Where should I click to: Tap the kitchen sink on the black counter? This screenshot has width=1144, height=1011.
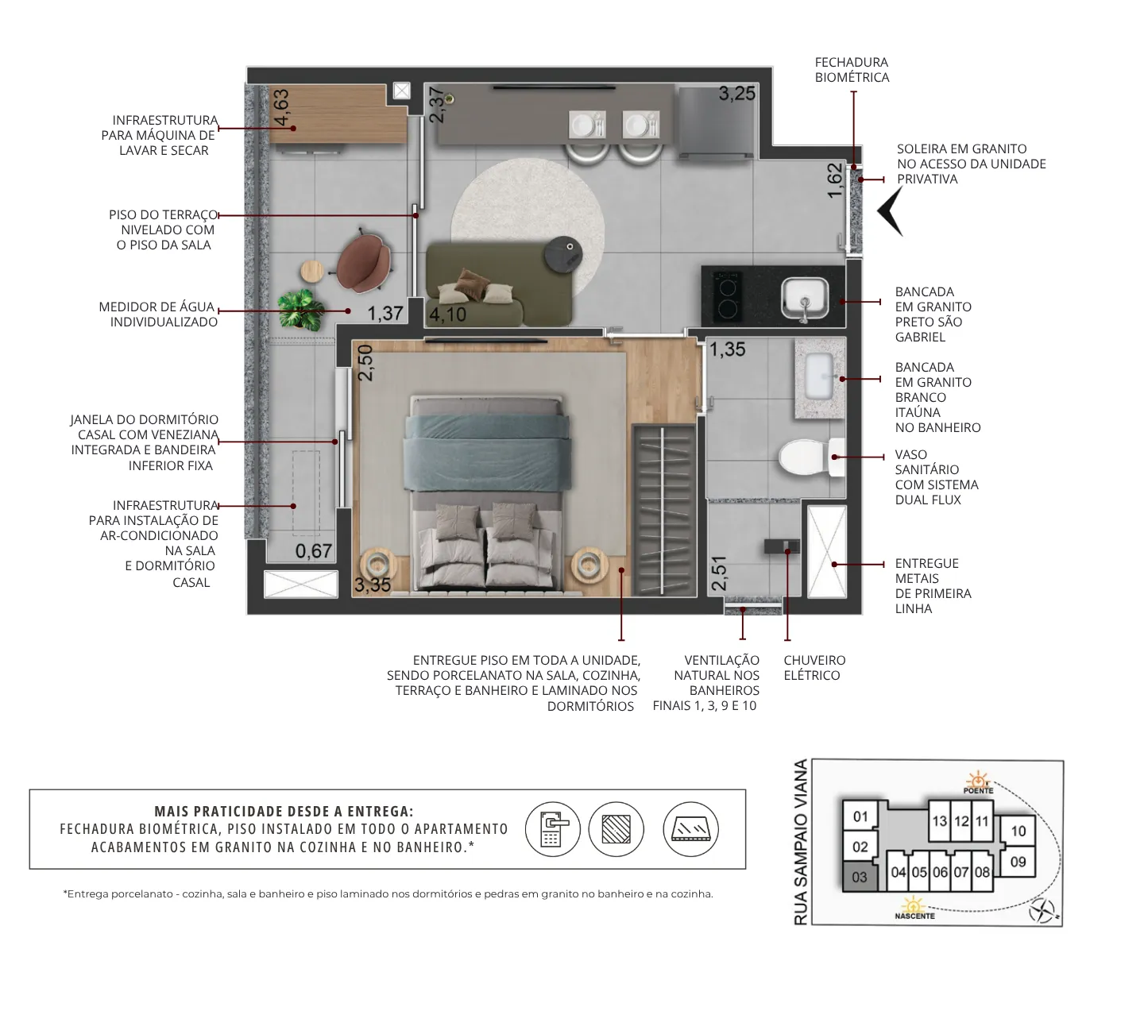click(x=805, y=299)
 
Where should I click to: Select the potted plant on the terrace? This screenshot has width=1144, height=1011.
click(x=301, y=310)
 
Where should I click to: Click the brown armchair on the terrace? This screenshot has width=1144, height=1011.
click(x=363, y=263)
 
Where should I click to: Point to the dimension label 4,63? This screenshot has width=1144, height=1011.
click(x=280, y=107)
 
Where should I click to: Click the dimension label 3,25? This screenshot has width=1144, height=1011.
click(x=736, y=94)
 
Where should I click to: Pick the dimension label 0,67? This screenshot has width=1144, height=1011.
click(x=313, y=551)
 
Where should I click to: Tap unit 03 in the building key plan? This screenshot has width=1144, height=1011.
click(x=859, y=877)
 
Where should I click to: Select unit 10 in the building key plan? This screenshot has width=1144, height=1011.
click(x=1018, y=831)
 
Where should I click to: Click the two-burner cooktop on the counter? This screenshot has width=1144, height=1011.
click(x=727, y=296)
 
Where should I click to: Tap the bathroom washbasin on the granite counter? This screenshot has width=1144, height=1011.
click(x=818, y=376)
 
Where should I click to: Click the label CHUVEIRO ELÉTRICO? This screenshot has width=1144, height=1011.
click(x=814, y=668)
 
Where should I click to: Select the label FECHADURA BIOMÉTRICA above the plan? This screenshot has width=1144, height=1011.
click(x=852, y=70)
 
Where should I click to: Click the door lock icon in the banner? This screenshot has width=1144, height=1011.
click(x=552, y=828)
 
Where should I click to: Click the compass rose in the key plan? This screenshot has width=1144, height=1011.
click(x=1042, y=910)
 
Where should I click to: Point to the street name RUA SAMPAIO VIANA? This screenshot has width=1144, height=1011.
click(x=801, y=842)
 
